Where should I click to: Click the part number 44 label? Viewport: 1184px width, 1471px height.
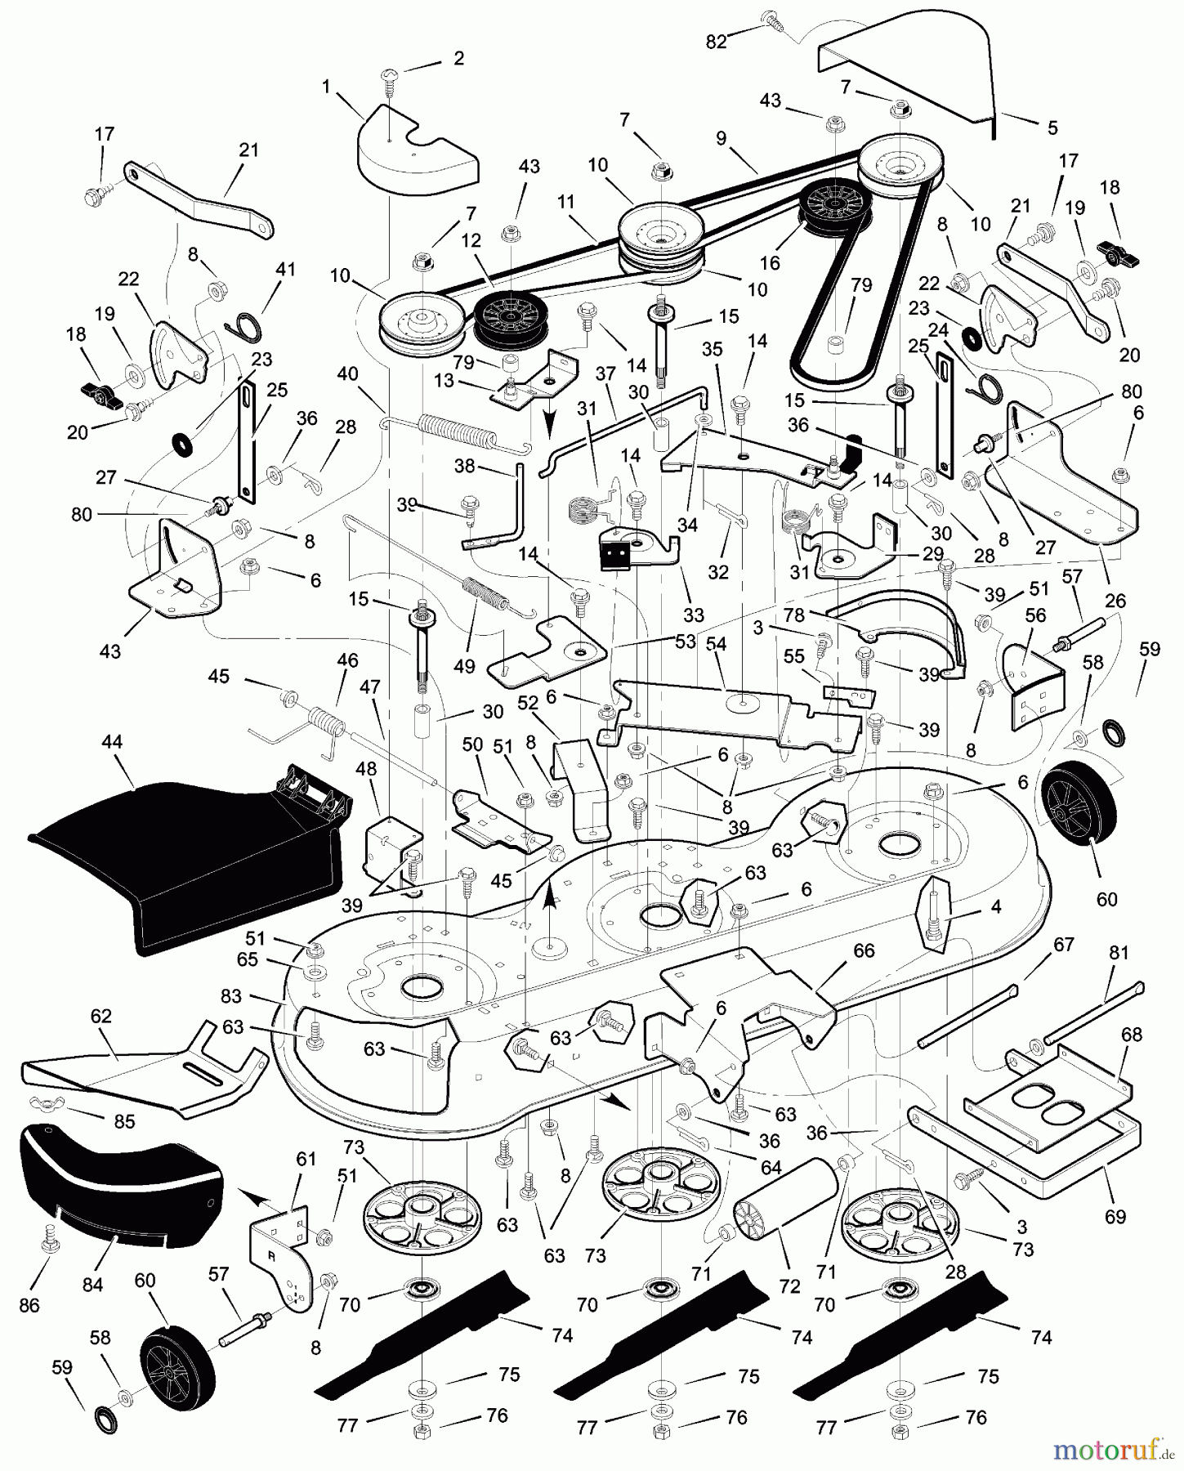(112, 742)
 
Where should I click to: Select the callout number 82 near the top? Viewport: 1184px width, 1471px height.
(716, 42)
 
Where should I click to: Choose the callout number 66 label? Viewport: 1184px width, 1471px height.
(864, 951)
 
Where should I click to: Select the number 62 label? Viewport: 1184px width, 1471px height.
(101, 1017)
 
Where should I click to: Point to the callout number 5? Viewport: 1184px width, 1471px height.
(1052, 127)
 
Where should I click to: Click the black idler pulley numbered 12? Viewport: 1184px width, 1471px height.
(507, 318)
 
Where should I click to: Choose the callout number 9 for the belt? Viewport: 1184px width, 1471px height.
(721, 139)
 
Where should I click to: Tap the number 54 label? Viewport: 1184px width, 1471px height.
(716, 644)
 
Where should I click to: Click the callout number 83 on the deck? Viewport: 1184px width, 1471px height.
(231, 996)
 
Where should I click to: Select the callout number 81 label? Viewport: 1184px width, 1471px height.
(1119, 953)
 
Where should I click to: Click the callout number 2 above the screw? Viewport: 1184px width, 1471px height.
(458, 58)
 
